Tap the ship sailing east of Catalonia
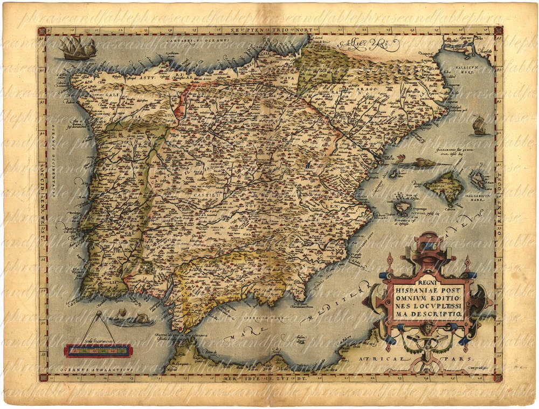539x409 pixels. click(479, 126)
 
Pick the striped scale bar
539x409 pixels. click(98, 351)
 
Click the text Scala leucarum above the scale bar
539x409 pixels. click(98, 342)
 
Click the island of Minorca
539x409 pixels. click(478, 179)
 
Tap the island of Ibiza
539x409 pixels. click(402, 207)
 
